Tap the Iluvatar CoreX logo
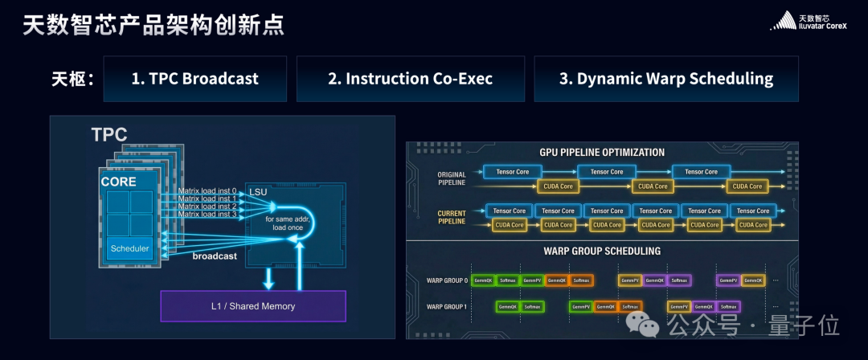pyautogui.click(x=813, y=22)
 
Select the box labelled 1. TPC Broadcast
pyautogui.click(x=194, y=79)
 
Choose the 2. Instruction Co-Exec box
pyautogui.click(x=410, y=79)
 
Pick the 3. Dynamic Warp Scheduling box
pyautogui.click(x=665, y=79)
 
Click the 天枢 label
pyautogui.click(x=73, y=79)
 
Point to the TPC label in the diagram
pyautogui.click(x=109, y=135)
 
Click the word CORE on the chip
pyautogui.click(x=118, y=182)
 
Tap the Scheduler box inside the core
pyautogui.click(x=129, y=248)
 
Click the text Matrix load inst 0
pyautogui.click(x=207, y=190)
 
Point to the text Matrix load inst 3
pyautogui.click(x=207, y=214)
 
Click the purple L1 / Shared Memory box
pyautogui.click(x=253, y=306)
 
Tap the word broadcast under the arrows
pyautogui.click(x=215, y=256)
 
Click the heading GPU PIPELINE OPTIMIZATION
pyautogui.click(x=602, y=152)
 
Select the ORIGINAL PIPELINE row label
pyautogui.click(x=451, y=179)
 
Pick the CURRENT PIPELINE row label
pyautogui.click(x=451, y=218)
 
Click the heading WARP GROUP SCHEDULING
pyautogui.click(x=602, y=252)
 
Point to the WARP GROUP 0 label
pyautogui.click(x=446, y=280)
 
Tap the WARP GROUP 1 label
pyautogui.click(x=446, y=307)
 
